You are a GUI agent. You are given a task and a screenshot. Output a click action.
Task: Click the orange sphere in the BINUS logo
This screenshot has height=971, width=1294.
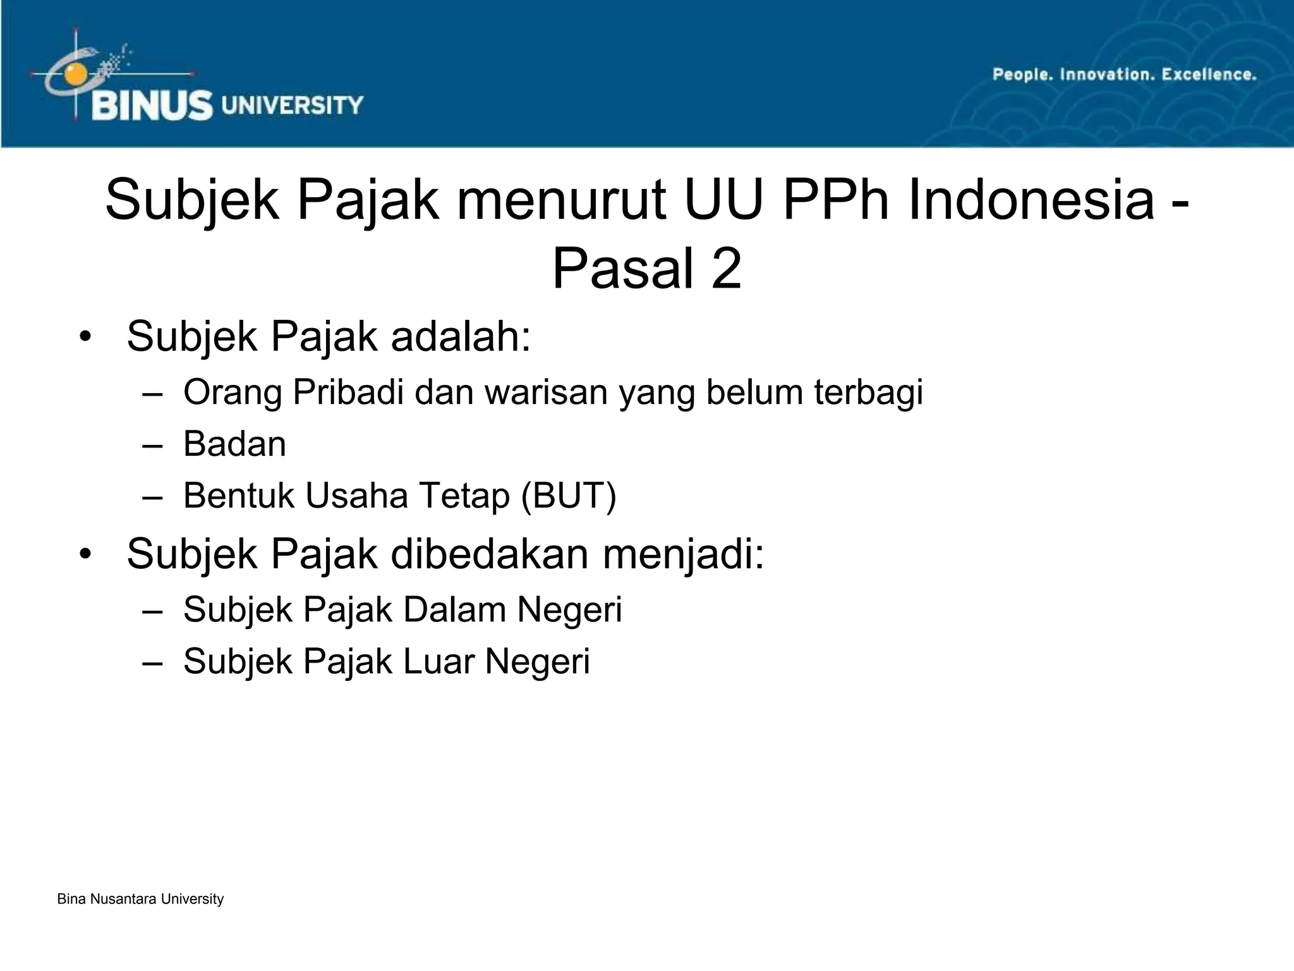[x=75, y=73]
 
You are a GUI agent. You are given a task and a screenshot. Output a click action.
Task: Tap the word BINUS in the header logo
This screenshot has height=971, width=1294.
[x=152, y=106]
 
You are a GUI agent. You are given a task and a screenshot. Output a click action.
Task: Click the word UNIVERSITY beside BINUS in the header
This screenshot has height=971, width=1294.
[x=293, y=105]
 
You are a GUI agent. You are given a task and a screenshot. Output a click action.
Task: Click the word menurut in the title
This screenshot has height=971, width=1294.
[x=562, y=200]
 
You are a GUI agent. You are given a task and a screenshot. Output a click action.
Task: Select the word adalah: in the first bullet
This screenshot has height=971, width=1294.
[x=461, y=336]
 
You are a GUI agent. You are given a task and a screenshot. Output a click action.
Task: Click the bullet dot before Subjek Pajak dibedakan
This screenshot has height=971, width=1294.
[x=86, y=554]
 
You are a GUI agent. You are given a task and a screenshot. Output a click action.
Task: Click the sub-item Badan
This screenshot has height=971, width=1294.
[x=234, y=444]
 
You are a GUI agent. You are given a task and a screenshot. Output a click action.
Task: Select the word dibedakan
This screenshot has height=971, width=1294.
[x=490, y=554]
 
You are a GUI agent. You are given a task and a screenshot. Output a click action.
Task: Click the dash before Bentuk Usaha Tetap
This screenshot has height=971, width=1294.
[x=152, y=496]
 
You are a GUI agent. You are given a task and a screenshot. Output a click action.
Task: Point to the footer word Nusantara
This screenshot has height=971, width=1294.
[x=124, y=899]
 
